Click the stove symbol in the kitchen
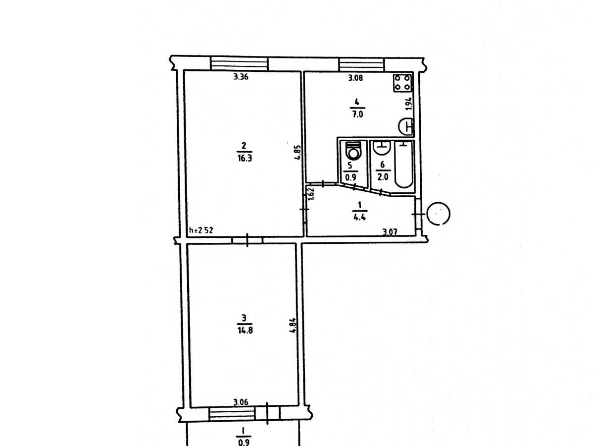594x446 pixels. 402,83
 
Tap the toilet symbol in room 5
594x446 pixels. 353,152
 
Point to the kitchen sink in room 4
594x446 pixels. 406,126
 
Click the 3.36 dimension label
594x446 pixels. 241,77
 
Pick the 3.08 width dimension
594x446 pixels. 355,78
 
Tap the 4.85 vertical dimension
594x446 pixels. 297,153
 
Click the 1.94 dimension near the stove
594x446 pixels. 409,104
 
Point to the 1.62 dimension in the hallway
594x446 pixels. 311,194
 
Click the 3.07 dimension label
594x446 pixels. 390,232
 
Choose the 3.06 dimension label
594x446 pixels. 241,402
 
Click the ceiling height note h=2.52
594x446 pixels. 201,230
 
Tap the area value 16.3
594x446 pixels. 245,158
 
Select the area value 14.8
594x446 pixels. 245,331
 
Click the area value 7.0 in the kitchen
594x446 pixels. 357,114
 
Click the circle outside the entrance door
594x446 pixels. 438,214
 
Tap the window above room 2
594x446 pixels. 239,64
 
